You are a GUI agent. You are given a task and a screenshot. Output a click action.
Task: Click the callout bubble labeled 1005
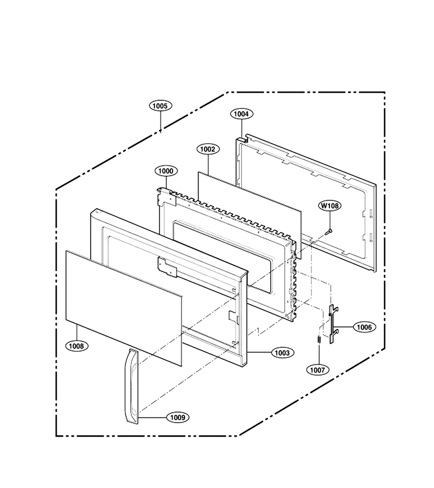pos(161,106)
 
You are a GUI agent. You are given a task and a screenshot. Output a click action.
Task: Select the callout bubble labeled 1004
pos(241,114)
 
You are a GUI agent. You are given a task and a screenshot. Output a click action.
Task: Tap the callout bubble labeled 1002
pos(208,150)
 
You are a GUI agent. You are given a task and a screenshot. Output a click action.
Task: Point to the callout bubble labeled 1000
pos(166,171)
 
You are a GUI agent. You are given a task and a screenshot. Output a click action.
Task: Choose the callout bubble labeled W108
pos(330,206)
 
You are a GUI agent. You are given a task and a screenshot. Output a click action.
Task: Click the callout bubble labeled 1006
pos(364,327)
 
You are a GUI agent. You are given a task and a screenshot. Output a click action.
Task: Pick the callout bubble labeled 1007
pos(317,370)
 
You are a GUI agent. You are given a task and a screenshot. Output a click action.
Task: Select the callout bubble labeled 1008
pos(76,346)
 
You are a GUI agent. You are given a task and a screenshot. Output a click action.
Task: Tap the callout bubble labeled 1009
pos(178,418)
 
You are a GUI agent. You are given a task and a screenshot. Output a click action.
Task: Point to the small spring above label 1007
pos(318,339)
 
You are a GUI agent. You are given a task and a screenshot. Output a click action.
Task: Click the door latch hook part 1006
pos(334,324)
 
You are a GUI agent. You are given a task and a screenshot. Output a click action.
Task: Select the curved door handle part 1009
pos(131,386)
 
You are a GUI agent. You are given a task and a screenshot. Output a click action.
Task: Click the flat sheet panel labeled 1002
pos(250,215)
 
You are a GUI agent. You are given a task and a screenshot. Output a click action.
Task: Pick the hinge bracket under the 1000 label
pos(166,197)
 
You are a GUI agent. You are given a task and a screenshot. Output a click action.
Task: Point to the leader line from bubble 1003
pos(259,352)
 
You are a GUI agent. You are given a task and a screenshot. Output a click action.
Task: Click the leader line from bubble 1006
pos(346,327)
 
